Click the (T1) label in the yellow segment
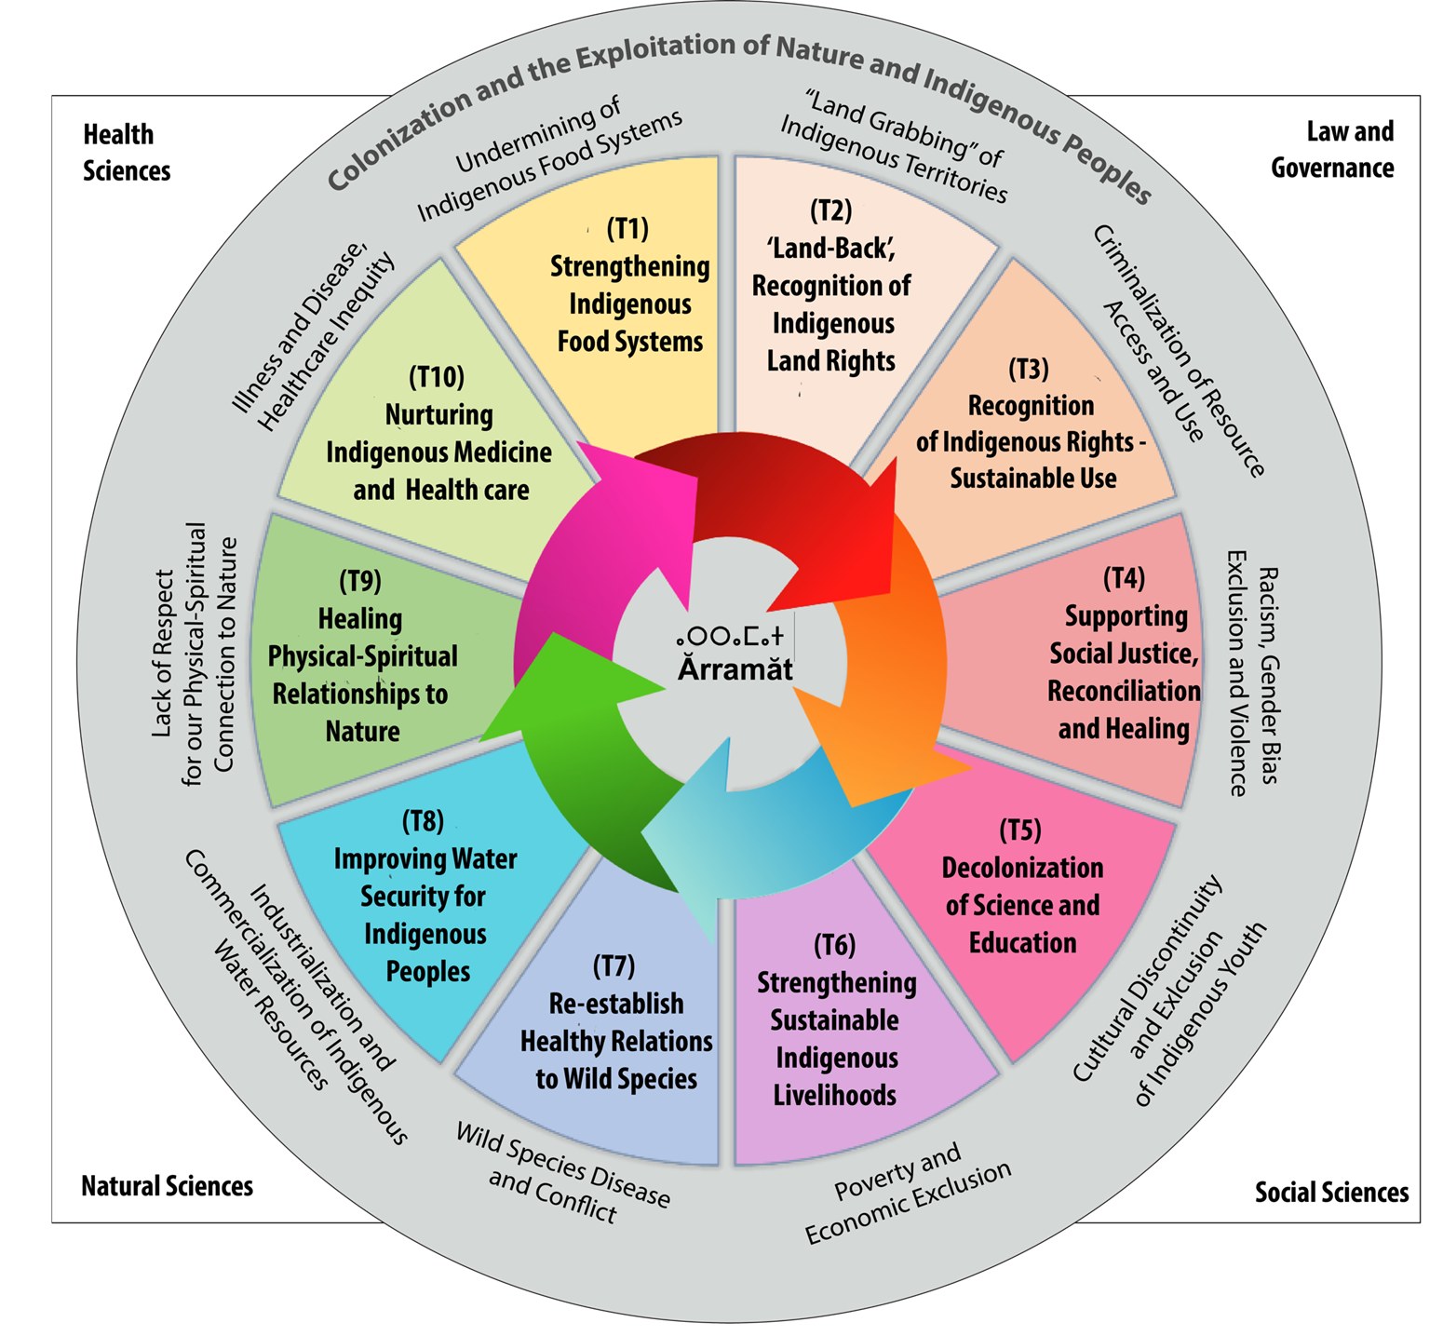[627, 228]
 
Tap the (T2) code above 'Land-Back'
[831, 210]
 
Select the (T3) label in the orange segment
[1029, 369]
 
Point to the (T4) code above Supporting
[1124, 578]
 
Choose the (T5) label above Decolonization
[1020, 830]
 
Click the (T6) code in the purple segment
[834, 945]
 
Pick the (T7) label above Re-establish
[614, 965]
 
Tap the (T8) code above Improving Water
[423, 821]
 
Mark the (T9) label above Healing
[360, 581]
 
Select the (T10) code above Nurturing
[437, 377]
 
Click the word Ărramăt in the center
[735, 668]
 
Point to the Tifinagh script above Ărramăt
[731, 638]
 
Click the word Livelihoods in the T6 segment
[835, 1096]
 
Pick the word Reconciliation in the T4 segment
[1124, 691]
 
